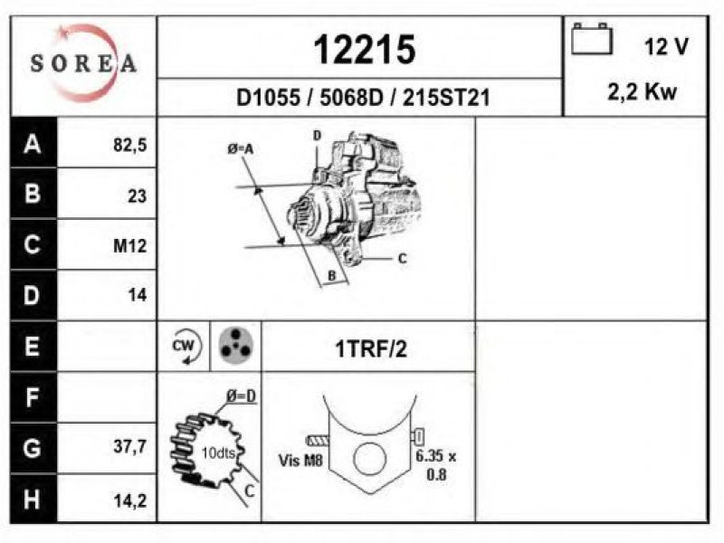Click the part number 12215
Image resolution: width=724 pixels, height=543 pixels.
[x=365, y=50]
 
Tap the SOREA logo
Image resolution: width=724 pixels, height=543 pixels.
[x=83, y=62]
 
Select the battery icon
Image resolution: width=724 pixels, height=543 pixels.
[x=592, y=39]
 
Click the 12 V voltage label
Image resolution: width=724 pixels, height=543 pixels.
[x=666, y=47]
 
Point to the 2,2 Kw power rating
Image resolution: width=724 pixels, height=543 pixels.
[x=642, y=92]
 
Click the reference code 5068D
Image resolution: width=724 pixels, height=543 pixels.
[x=351, y=98]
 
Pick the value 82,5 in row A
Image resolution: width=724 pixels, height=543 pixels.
[x=129, y=145]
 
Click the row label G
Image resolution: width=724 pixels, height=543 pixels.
[x=32, y=448]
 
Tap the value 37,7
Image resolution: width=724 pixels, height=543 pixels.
[x=129, y=446]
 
